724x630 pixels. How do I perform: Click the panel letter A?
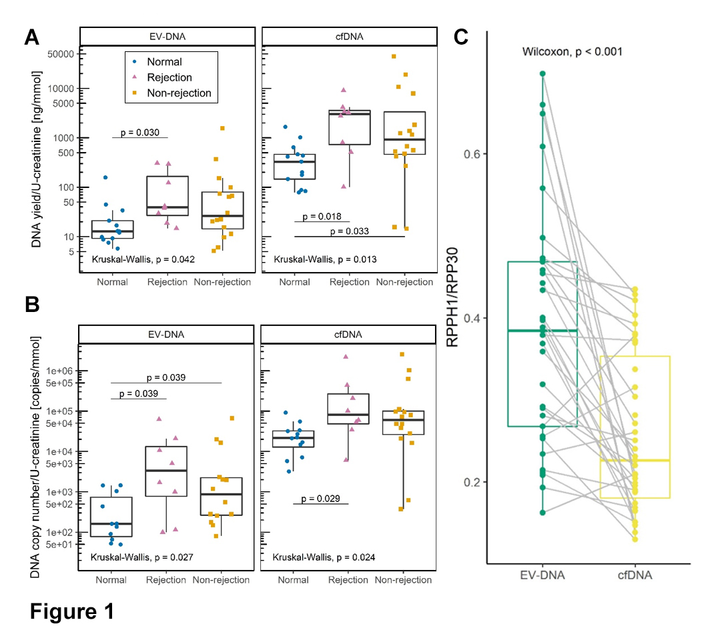tap(31, 37)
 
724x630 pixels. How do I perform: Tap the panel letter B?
tap(31, 306)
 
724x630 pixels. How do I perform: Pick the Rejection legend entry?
tap(169, 77)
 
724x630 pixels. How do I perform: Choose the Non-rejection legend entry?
tap(179, 93)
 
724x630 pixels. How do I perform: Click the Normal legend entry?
tap(164, 62)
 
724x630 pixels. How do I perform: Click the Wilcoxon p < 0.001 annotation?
tap(572, 51)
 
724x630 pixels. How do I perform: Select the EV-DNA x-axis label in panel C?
tap(542, 575)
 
